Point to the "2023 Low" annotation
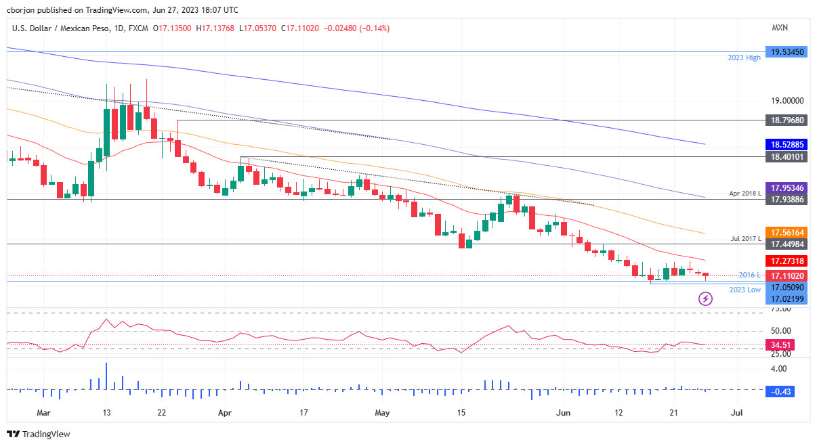pos(745,290)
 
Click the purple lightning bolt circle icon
pos(706,298)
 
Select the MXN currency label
pos(780,28)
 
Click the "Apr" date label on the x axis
pos(225,412)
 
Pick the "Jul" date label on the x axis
pos(737,412)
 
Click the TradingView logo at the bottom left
pos(39,434)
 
